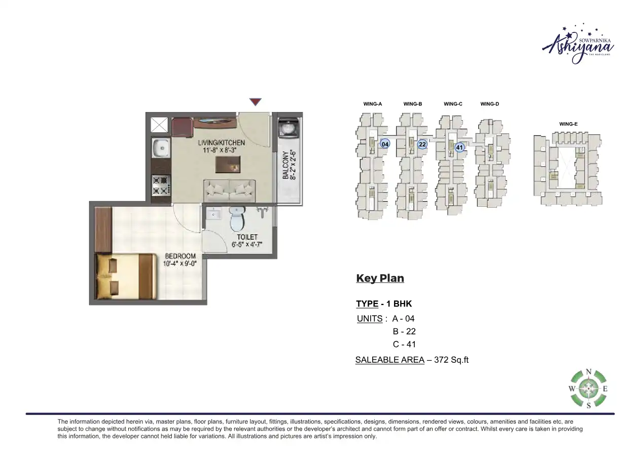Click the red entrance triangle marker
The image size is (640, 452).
point(256,102)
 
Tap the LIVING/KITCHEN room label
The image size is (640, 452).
point(222,143)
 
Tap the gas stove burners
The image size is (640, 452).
point(161,185)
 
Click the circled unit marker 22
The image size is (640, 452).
point(422,144)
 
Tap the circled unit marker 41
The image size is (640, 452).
point(459,147)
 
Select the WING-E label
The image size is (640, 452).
point(568,124)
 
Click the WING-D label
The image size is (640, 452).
point(490,104)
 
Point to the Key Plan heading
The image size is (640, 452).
point(380,278)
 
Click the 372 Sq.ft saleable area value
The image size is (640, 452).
point(451,360)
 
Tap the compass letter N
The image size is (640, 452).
point(589,371)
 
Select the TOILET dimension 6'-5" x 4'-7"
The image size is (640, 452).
point(247,244)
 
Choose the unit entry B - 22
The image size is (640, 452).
point(404,331)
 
